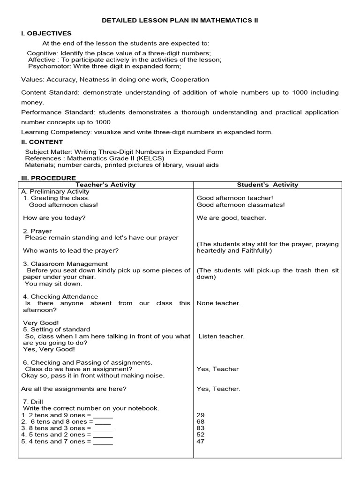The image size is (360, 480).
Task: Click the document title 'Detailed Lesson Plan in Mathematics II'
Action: [180, 21]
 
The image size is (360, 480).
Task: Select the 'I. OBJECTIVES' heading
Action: [46, 33]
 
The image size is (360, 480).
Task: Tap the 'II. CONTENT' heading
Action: [42, 142]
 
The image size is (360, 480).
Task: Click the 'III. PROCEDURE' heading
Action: [49, 178]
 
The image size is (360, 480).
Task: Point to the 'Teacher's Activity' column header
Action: [105, 185]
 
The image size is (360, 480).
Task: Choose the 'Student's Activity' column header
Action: [267, 185]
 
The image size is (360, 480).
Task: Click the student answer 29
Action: [201, 415]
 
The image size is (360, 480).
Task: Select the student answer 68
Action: [201, 421]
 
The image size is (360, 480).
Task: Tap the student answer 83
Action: [201, 428]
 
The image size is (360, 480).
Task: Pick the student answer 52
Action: [201, 435]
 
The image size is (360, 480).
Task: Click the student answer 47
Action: [201, 441]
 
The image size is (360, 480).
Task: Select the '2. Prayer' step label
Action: [37, 231]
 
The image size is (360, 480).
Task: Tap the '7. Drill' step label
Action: [35, 402]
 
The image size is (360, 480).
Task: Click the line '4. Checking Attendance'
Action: [60, 297]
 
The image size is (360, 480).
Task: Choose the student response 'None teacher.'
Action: [218, 303]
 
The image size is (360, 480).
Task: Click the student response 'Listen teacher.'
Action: [221, 336]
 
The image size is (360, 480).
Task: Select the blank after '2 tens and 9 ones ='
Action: [103, 415]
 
